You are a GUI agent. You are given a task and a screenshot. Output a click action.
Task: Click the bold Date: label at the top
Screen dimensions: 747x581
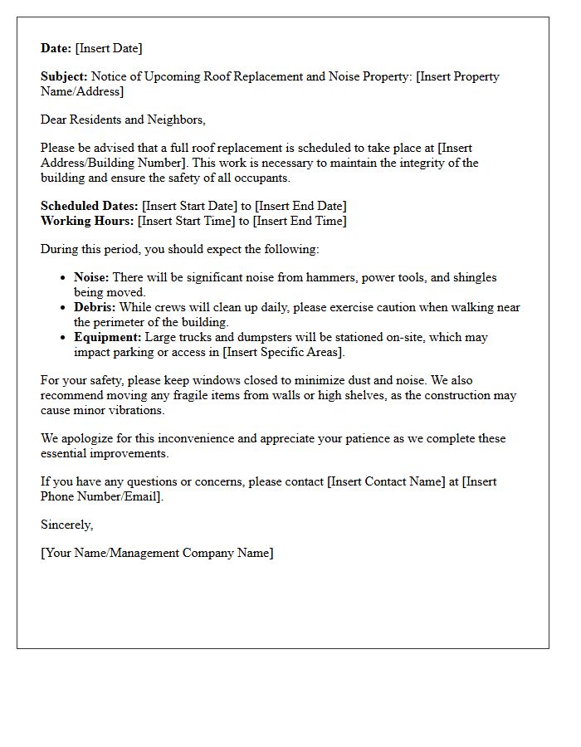click(x=56, y=48)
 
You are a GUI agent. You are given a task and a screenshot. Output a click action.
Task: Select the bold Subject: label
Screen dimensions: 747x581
click(x=65, y=76)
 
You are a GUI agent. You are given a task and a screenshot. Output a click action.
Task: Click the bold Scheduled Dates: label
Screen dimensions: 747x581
click(x=90, y=206)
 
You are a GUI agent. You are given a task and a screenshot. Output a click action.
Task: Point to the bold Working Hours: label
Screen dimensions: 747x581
click(x=87, y=221)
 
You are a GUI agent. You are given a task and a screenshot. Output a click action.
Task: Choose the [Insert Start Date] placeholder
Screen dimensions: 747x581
click(x=190, y=206)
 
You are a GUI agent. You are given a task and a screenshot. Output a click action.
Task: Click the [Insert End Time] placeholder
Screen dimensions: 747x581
click(x=300, y=221)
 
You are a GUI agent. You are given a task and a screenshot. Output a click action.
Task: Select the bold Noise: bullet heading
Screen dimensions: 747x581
click(x=91, y=277)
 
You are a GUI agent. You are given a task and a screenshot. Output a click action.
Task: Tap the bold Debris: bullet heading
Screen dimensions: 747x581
click(x=95, y=307)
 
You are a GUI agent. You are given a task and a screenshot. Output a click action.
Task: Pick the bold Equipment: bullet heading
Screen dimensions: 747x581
click(x=107, y=337)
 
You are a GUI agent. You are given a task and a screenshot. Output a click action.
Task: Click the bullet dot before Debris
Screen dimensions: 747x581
click(x=63, y=308)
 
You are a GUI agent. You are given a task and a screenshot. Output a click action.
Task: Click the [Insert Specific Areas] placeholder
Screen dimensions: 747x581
click(x=282, y=352)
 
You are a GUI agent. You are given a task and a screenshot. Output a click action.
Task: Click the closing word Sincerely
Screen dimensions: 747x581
click(x=66, y=525)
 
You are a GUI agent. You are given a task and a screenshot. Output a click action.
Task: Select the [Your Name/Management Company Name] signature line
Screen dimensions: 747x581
click(x=157, y=553)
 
